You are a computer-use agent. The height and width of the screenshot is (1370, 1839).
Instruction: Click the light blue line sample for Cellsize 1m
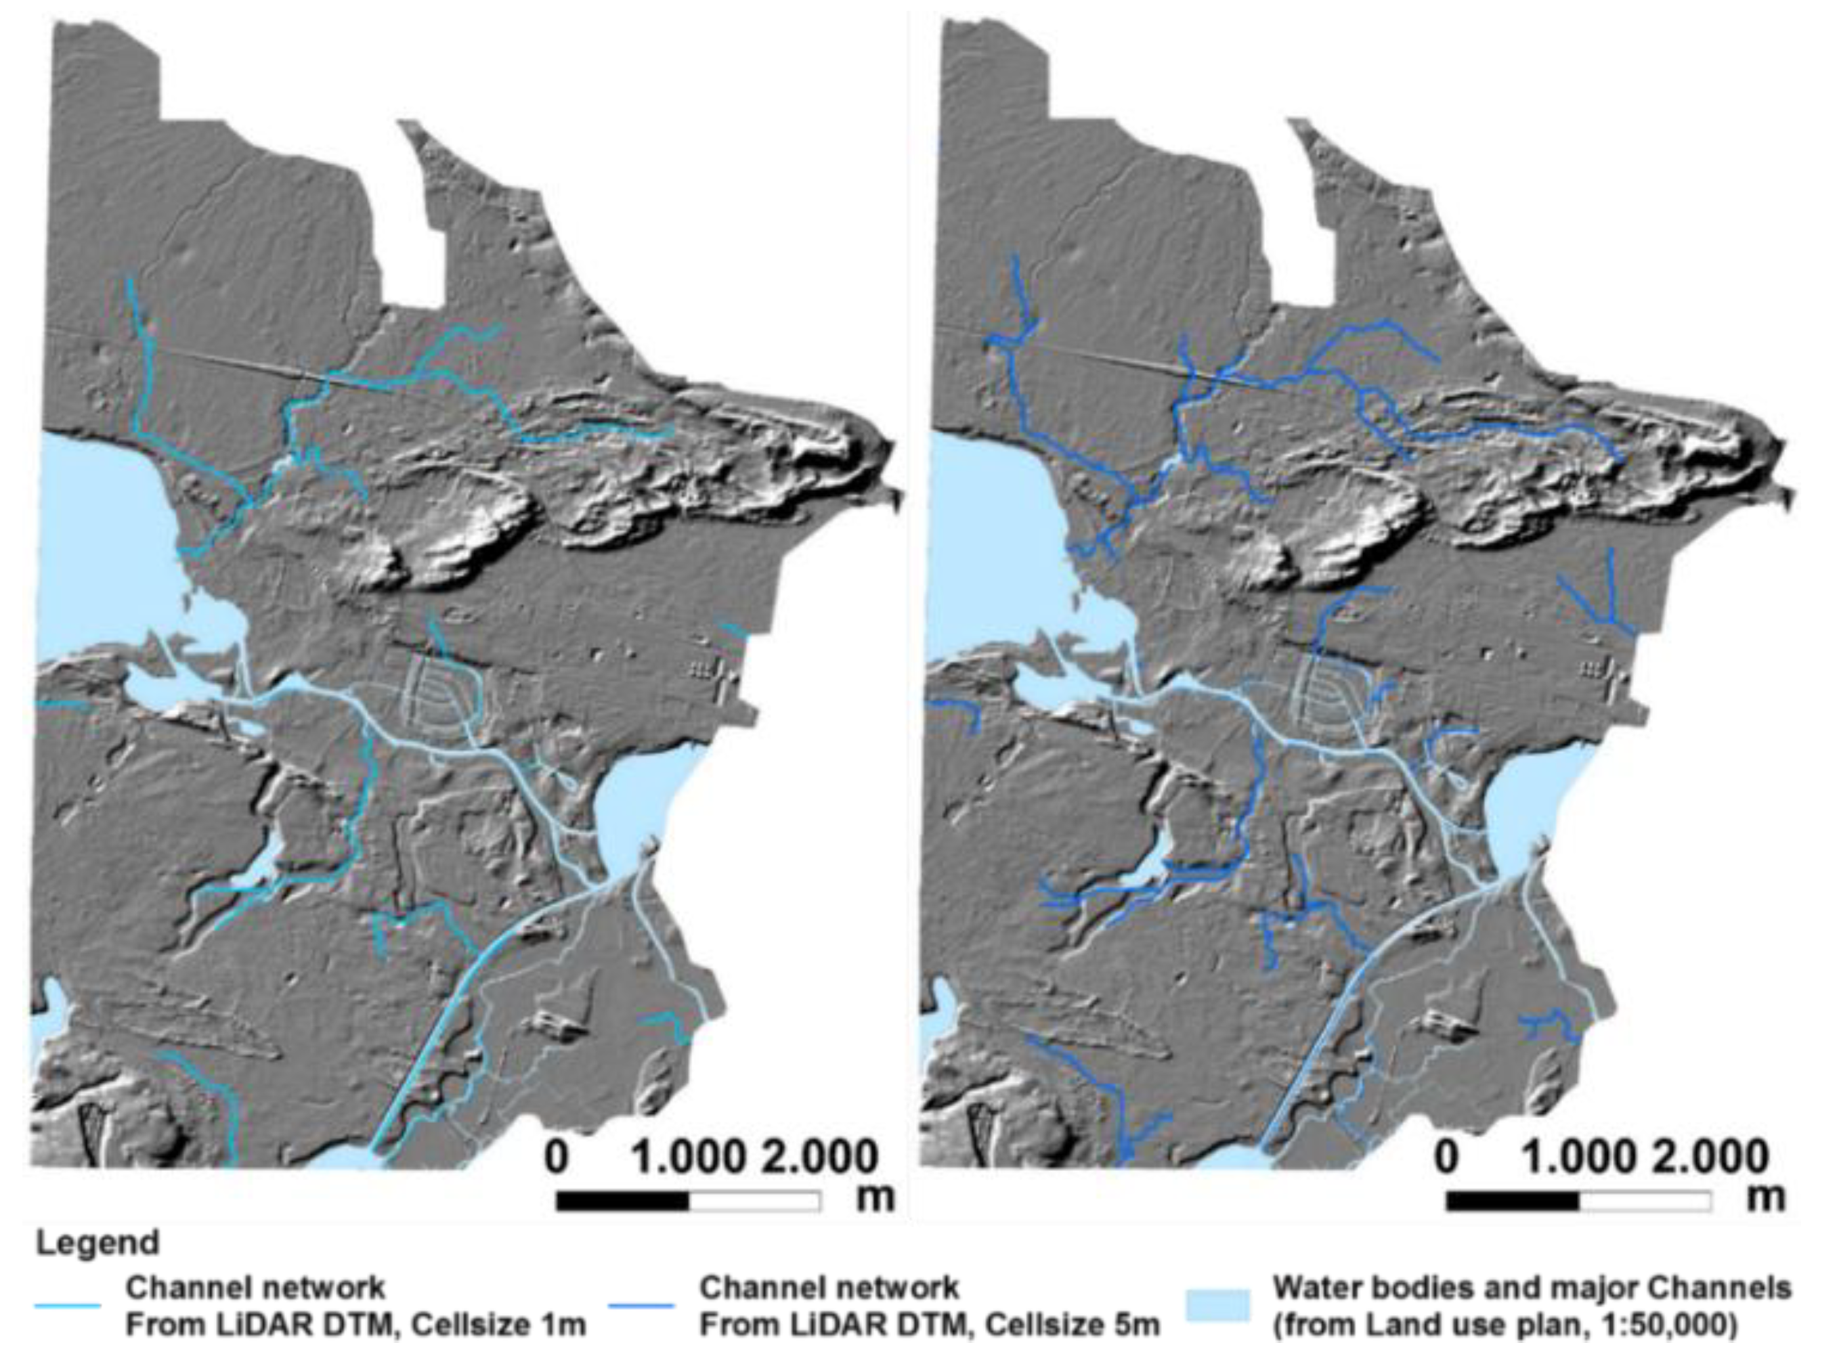67,1306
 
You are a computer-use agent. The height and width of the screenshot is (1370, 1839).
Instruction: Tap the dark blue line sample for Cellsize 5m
641,1306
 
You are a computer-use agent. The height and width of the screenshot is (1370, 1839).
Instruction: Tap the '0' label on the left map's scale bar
557,1157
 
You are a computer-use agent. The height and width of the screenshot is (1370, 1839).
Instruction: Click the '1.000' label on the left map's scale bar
689,1157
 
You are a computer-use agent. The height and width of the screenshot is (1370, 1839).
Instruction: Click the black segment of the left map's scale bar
622,1201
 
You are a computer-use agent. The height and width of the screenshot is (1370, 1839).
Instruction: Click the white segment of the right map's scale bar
1644,1201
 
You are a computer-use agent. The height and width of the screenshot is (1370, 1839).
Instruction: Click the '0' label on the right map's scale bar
1446,1157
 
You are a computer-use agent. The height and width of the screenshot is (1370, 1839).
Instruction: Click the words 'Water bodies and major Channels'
1531,1288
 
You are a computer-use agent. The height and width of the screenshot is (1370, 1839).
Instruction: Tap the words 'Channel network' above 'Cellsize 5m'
829,1288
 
